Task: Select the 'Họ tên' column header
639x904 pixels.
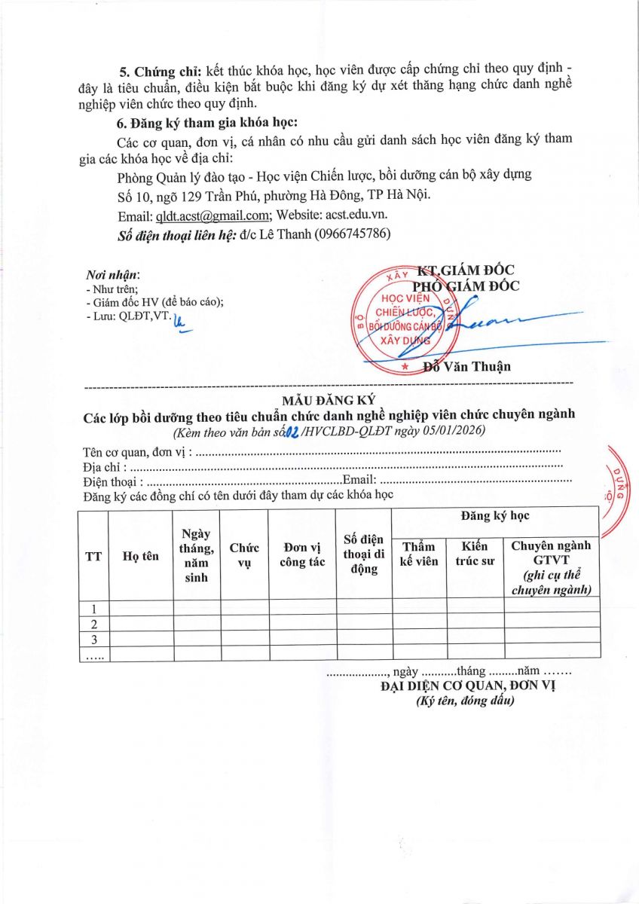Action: coord(141,557)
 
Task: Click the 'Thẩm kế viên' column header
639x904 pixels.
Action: coord(419,554)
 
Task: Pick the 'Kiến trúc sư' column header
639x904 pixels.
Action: coord(475,554)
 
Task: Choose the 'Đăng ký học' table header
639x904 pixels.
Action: coord(495,516)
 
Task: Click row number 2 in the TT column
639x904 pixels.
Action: coord(94,625)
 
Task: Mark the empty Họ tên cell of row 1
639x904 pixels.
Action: coord(141,609)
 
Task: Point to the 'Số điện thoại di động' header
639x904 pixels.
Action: coord(363,554)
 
